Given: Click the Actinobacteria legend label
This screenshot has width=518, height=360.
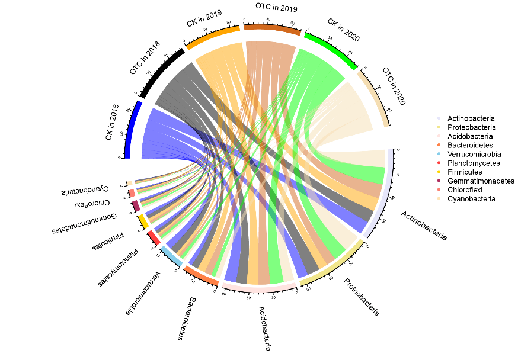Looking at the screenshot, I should click(471, 118).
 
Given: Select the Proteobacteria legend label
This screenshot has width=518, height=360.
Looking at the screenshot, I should click(472, 127).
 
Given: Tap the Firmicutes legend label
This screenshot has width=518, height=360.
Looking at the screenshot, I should click(465, 172).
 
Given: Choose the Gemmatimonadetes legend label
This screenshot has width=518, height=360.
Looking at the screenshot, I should click(481, 181).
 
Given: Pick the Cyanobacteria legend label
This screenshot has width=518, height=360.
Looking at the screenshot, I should click(471, 199).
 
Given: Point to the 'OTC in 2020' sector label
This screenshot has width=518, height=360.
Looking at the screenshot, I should click(394, 86).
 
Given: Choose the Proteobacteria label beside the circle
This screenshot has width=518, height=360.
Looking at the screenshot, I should click(362, 297).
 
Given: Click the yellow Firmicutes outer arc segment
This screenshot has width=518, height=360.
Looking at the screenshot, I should click(143, 221).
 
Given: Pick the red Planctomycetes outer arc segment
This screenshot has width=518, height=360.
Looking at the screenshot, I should click(154, 237).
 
